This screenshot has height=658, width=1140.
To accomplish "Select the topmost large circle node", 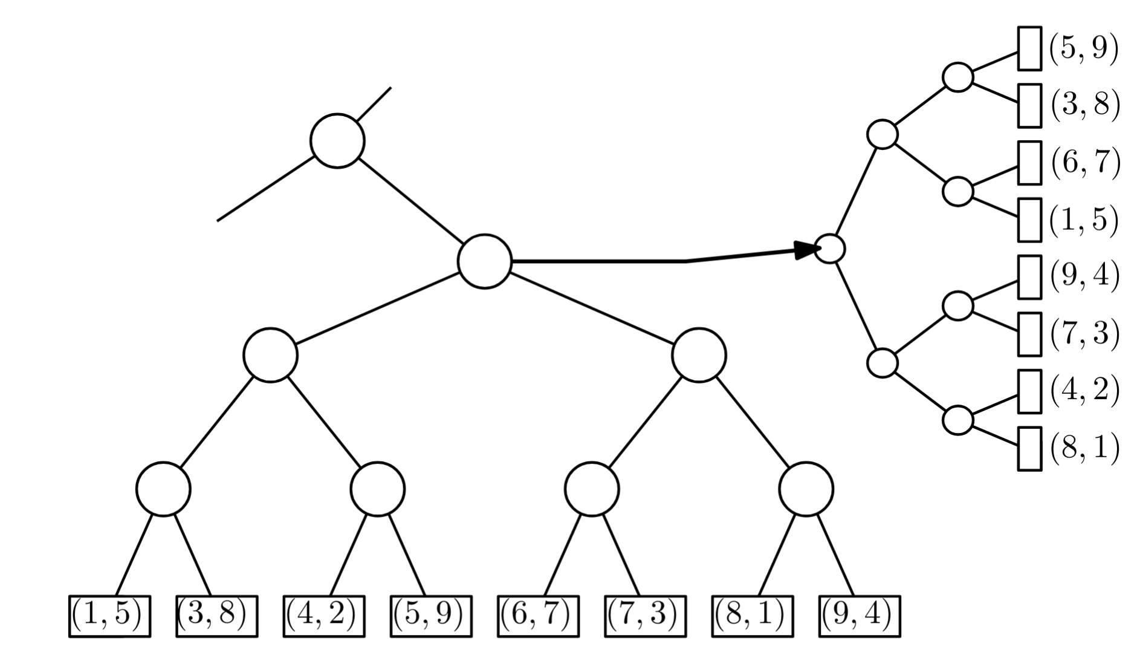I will [x=337, y=140].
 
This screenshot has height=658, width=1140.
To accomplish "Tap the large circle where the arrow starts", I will [x=485, y=261].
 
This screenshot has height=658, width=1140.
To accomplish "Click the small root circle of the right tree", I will [x=829, y=249].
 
